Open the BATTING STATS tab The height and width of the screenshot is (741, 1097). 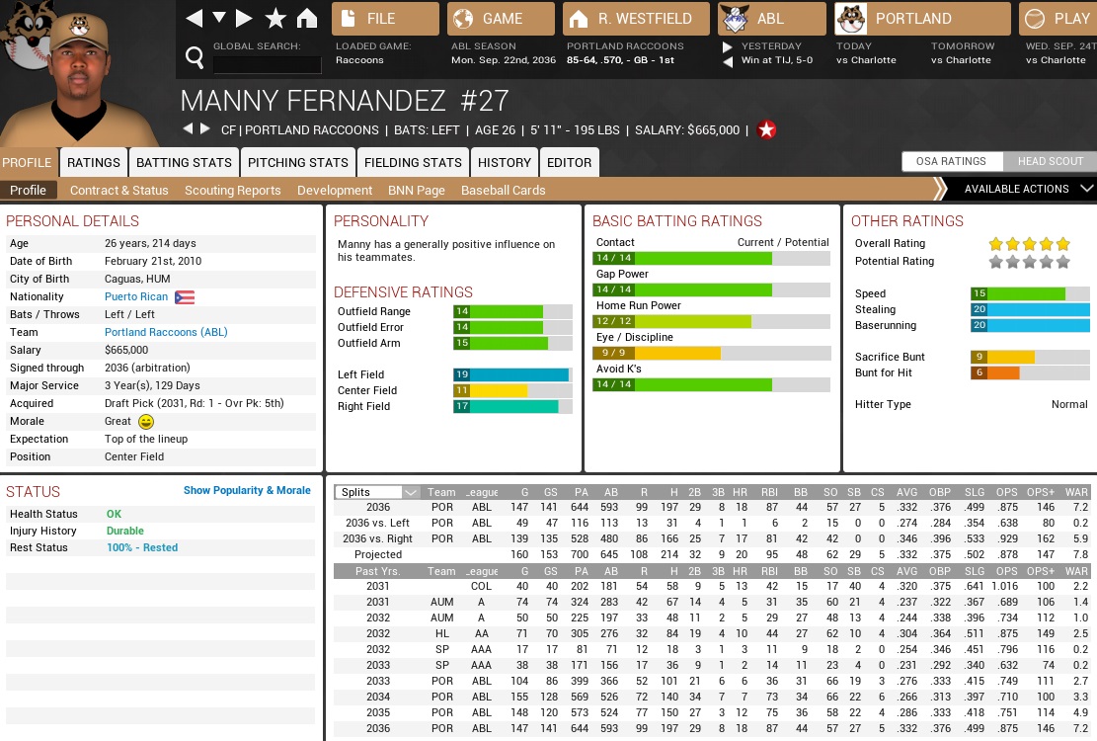(x=184, y=162)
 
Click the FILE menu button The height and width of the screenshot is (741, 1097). (x=385, y=19)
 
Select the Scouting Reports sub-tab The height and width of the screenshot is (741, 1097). (x=232, y=190)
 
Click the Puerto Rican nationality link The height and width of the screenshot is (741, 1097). (x=136, y=296)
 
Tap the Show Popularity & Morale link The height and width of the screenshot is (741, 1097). (x=247, y=490)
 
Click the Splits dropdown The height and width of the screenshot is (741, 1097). (x=378, y=492)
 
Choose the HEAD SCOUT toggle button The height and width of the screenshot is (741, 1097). (x=1051, y=161)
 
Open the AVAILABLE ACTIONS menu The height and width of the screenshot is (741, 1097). (x=1017, y=189)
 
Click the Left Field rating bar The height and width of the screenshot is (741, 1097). (x=512, y=374)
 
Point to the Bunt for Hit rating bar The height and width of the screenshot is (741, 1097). (x=1030, y=372)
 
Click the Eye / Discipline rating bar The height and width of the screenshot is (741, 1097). (x=711, y=353)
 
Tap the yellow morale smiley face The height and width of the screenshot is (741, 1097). (x=146, y=422)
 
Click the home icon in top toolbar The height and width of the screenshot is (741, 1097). (x=307, y=18)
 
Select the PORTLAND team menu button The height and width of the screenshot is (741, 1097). (x=922, y=19)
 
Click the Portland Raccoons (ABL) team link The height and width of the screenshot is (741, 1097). (x=166, y=332)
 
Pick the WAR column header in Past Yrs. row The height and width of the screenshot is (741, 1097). (x=1076, y=571)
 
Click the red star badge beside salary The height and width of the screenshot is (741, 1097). (x=766, y=129)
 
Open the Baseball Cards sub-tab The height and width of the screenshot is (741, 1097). (x=503, y=190)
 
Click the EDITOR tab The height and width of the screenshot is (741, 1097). (x=569, y=162)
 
